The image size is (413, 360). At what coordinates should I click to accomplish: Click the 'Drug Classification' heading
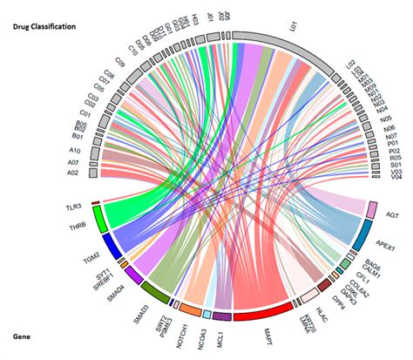click(x=44, y=27)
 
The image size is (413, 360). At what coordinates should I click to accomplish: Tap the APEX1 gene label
click(x=383, y=248)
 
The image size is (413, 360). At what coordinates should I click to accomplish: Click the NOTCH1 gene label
click(x=181, y=329)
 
